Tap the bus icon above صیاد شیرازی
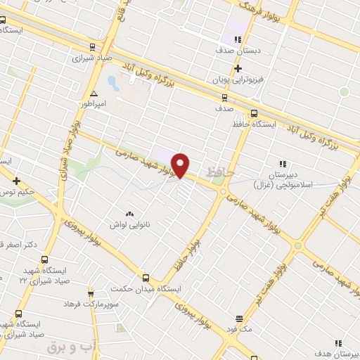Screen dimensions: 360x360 93,46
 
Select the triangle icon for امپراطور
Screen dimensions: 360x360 94,93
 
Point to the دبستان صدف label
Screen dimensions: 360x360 238,51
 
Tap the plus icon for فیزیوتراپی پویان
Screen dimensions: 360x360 238,68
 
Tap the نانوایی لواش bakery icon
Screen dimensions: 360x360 128,213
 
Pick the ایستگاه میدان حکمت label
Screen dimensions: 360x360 148,289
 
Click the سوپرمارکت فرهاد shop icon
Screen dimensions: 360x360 90,293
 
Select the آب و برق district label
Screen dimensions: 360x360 70,347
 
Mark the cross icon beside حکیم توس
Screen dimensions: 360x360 16,181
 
